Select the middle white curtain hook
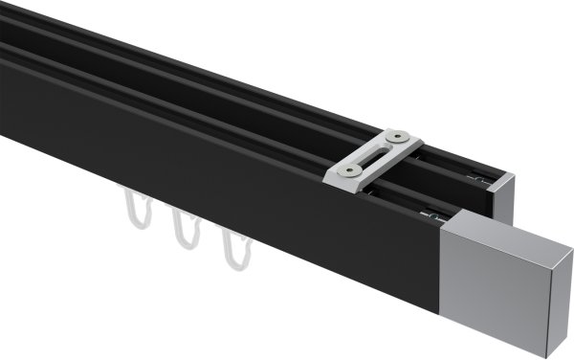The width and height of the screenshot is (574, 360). coord(184,231)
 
